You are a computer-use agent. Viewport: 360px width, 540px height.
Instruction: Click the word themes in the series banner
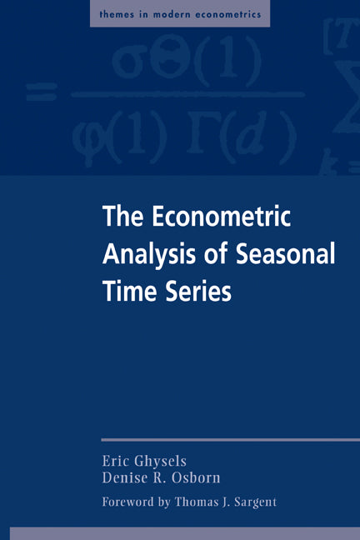coord(115,13)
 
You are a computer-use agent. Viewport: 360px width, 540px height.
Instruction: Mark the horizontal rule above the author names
coord(230,440)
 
